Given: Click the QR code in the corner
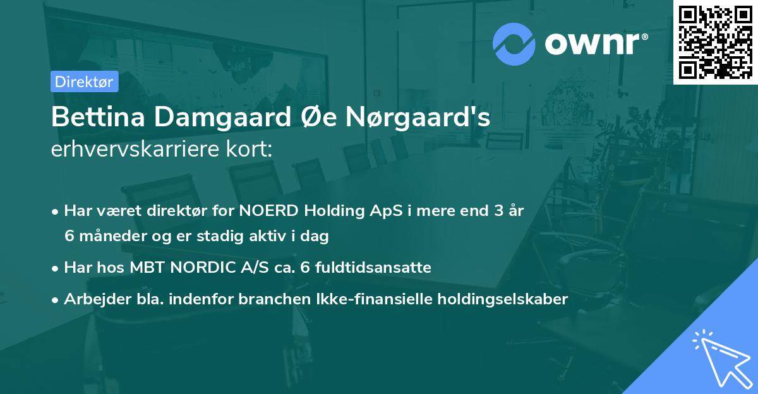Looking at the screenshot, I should tap(715, 42).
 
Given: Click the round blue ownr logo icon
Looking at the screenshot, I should tap(514, 44).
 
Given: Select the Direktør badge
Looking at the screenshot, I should tap(84, 81).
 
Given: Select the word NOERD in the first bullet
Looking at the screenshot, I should tap(274, 211).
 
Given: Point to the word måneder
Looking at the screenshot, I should tap(107, 236).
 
